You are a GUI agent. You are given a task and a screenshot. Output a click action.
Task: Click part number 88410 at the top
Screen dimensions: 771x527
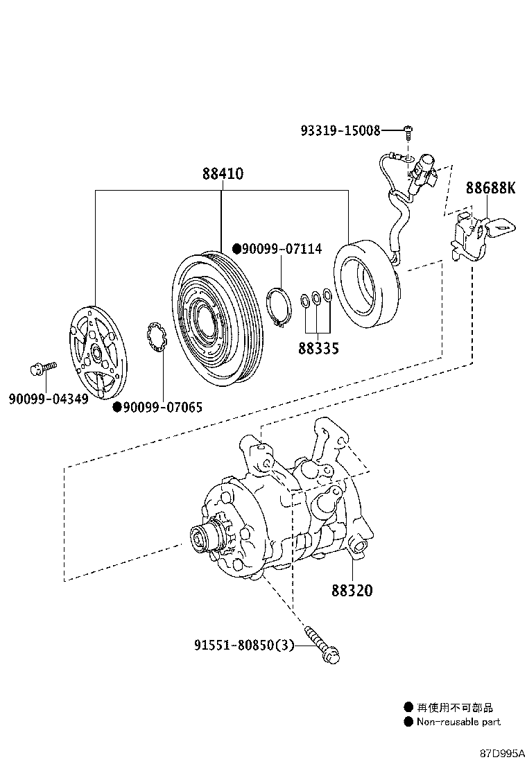pos(223,173)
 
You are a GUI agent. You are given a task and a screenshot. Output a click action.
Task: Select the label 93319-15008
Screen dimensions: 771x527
pos(340,130)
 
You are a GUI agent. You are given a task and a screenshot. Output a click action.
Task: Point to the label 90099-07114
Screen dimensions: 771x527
pos(281,248)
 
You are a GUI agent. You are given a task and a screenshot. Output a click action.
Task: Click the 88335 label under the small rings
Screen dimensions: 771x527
pos(319,348)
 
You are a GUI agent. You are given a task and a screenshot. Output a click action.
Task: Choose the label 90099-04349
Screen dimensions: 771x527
pos(49,399)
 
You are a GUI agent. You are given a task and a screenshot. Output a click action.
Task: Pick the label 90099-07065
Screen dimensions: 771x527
pos(162,408)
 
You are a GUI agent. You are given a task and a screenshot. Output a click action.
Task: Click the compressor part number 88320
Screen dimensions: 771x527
pos(352,591)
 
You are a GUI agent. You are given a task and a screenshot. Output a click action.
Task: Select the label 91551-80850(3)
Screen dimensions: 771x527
pos(244,646)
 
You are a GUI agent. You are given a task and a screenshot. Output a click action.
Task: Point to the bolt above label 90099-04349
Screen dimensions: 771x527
pos(43,367)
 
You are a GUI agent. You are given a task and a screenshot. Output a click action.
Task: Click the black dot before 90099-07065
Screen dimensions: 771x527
pos(118,408)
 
